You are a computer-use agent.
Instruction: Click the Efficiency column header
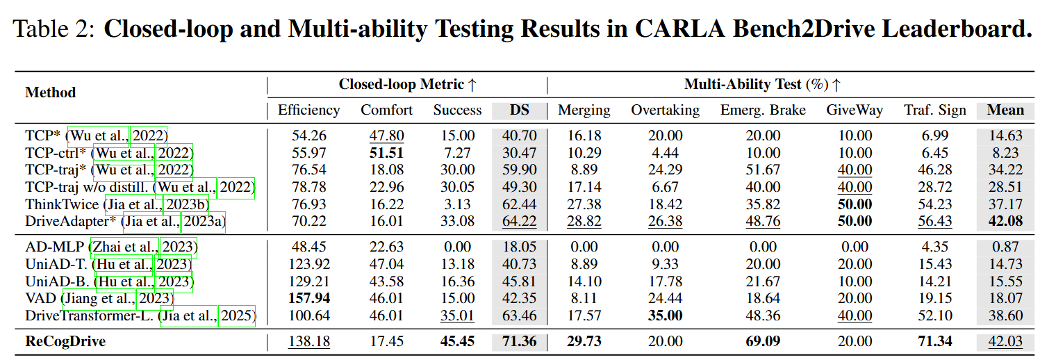308,110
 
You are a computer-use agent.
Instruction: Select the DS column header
518,110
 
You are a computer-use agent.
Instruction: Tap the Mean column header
1005,110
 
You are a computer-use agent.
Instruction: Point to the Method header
51,92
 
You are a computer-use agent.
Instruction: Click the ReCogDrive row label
66,341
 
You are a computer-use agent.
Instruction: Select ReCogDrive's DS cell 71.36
518,341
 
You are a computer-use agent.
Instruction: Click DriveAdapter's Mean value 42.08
1005,221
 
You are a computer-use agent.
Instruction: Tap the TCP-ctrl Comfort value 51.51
386,153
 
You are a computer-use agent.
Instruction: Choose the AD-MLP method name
56,247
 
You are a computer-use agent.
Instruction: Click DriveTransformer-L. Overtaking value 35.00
665,316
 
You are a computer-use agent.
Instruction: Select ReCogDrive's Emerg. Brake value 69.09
763,341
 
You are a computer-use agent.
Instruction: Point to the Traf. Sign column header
934,110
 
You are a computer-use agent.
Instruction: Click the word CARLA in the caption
703,29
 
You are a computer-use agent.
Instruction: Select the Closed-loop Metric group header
407,85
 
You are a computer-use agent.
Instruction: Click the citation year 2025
238,316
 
